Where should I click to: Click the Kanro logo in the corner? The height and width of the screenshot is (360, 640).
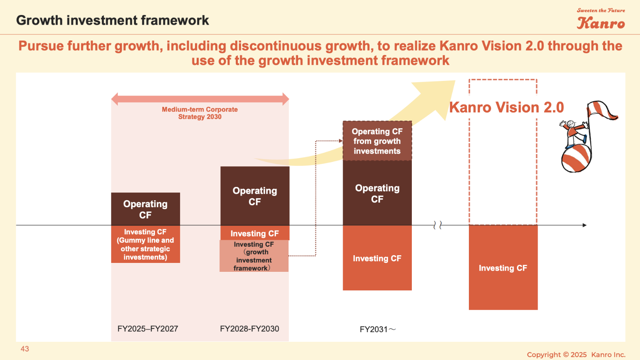[601, 19]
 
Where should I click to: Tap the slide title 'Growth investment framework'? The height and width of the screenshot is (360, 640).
[112, 20]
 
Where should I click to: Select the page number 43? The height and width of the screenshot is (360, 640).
[25, 349]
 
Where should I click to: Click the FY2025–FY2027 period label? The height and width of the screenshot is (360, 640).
[148, 328]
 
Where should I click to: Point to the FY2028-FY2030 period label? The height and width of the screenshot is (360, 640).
[250, 328]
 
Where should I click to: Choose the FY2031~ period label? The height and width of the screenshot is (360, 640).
[378, 329]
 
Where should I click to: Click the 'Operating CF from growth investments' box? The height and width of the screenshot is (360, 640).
[377, 141]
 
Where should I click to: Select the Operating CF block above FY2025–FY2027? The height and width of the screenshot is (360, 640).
[145, 209]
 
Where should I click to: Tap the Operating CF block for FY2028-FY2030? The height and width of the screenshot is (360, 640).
[255, 196]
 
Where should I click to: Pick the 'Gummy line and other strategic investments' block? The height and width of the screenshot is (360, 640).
[145, 244]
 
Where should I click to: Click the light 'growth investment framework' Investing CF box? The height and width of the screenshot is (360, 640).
[254, 256]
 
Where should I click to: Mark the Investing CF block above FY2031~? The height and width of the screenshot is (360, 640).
[377, 258]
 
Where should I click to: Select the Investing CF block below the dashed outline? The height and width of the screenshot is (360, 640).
[503, 268]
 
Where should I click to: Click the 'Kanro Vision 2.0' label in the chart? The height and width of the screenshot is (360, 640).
[506, 108]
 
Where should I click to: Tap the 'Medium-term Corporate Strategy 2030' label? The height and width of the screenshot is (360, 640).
[200, 113]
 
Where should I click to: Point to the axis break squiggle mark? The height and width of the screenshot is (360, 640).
[438, 225]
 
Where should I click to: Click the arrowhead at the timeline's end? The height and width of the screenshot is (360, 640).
[584, 225]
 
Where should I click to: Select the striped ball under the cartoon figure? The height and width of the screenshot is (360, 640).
[576, 158]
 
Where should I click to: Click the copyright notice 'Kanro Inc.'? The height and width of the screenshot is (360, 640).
[608, 355]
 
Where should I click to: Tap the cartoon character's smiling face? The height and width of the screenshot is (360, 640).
[570, 124]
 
